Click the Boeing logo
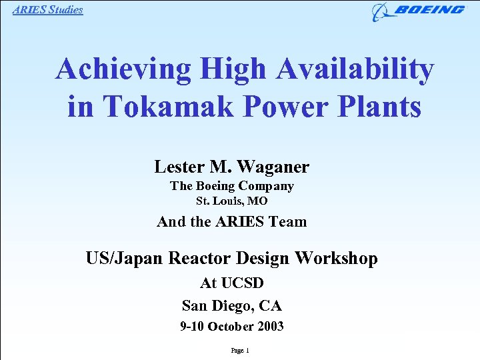[418, 11]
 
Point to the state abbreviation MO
[258, 201]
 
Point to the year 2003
[270, 327]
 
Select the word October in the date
[230, 327]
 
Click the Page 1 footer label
[239, 351]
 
